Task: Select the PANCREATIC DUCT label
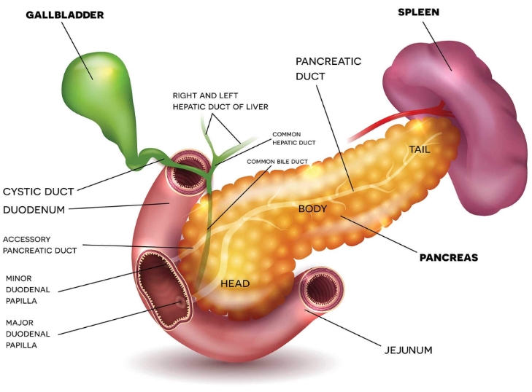(328, 68)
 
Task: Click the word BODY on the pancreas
(312, 208)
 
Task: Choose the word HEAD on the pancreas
(235, 283)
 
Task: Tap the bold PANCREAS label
(448, 257)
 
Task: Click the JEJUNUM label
(408, 350)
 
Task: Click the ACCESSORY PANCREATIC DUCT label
(40, 244)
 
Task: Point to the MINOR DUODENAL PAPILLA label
(28, 288)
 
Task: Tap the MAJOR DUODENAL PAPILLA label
(28, 333)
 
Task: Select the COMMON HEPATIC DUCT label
(296, 138)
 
